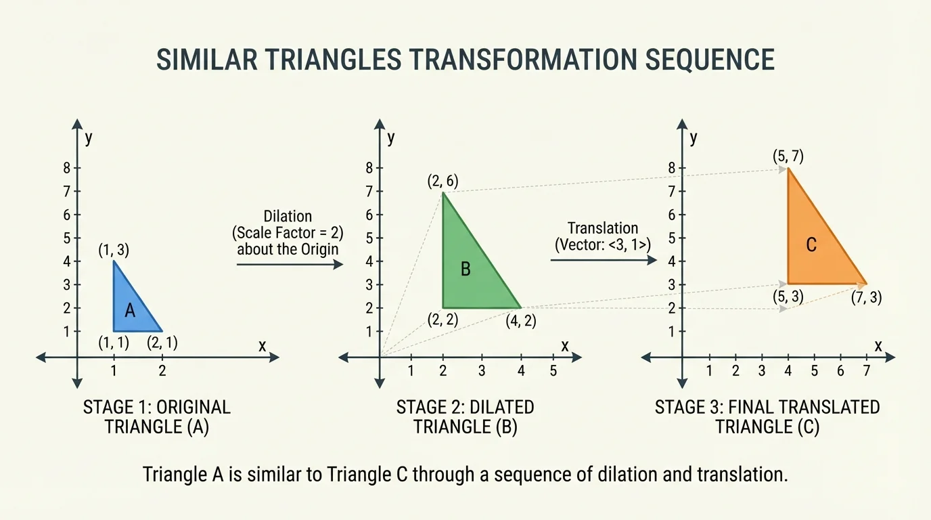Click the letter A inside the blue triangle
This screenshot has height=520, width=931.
coord(131,310)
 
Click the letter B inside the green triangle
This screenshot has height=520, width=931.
coord(465,269)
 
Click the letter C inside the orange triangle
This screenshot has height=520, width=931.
coord(811,245)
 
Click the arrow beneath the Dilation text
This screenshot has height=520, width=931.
coord(290,265)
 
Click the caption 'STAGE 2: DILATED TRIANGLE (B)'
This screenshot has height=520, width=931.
coord(465,417)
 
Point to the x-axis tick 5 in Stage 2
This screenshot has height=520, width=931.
coord(553,370)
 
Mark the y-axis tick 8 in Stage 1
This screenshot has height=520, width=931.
coord(67,168)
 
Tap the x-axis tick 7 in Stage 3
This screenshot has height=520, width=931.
coord(865,370)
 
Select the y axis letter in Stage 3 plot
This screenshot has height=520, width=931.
coord(694,138)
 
